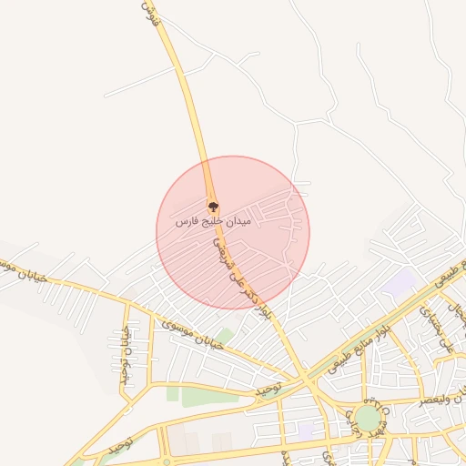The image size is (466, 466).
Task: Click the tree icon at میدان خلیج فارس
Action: coord(213,205)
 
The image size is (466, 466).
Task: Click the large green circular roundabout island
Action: coord(368,419)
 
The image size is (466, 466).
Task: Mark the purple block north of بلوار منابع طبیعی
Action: coord(398,281)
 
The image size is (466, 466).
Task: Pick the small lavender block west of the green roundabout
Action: coord(306,426)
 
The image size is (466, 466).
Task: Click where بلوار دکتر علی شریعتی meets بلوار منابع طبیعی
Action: coord(303,379)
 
